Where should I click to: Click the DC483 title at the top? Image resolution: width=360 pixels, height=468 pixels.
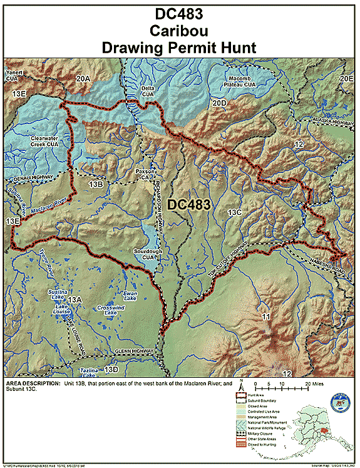coord(180,13)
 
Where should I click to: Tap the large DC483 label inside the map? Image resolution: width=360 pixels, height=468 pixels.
coord(188,204)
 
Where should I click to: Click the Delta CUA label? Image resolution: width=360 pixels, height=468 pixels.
coord(148,92)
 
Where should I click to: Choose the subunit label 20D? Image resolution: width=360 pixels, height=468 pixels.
coord(219,102)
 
